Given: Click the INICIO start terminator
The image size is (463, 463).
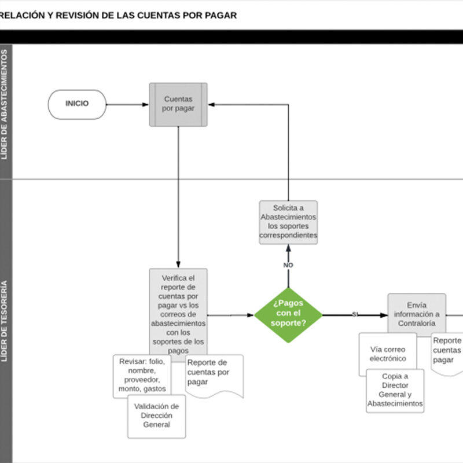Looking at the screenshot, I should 77,104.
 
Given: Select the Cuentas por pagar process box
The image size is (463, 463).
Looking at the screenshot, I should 178,104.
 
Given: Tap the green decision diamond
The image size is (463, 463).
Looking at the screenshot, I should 288,315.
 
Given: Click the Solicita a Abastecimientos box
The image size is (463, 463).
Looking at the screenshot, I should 288,222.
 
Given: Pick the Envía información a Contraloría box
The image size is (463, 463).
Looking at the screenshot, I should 417,314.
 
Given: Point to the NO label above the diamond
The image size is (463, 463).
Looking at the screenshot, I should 288,265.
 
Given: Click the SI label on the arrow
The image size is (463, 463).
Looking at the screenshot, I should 355,314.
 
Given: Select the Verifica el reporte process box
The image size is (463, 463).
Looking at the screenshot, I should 178,313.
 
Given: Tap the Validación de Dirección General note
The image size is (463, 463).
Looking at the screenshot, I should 157,416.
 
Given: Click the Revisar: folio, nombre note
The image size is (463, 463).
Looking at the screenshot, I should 142,375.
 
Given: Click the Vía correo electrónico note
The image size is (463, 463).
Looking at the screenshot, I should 387,353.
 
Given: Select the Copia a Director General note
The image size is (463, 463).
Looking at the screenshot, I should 395,390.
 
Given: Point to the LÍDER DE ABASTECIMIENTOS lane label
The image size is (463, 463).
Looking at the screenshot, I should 5,104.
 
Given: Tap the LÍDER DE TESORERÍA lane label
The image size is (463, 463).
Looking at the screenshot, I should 5,321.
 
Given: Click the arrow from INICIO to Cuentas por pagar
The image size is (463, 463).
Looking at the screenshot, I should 127,105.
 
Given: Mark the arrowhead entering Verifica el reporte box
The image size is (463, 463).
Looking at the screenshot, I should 178,264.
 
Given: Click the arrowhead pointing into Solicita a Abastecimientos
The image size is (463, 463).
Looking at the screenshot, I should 288,247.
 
